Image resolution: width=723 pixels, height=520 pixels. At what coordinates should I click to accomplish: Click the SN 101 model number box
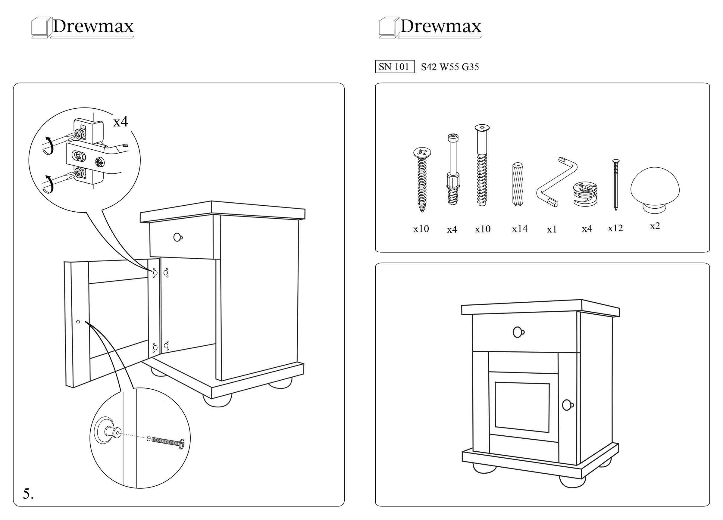[394, 67]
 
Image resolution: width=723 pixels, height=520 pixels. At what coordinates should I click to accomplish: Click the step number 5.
[28, 494]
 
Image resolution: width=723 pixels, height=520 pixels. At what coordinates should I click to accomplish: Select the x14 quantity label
[519, 229]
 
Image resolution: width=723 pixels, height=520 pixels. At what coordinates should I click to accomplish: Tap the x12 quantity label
[615, 228]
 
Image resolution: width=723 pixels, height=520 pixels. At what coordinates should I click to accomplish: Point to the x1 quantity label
[552, 229]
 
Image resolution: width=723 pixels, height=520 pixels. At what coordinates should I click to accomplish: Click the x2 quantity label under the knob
[655, 226]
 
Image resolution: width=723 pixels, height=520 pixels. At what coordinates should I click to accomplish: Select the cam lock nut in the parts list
[585, 194]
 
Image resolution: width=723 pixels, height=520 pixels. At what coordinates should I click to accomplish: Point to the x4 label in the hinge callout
[120, 122]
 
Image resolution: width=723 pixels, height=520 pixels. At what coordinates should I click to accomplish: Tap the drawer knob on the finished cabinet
[518, 332]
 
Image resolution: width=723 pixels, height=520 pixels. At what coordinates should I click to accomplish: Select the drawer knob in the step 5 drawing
[177, 237]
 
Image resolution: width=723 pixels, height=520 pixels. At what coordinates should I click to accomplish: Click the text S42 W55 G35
[450, 67]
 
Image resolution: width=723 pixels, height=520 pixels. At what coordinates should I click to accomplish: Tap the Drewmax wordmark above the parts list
[440, 26]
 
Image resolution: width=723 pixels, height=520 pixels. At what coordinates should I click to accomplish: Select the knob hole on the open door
[78, 322]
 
